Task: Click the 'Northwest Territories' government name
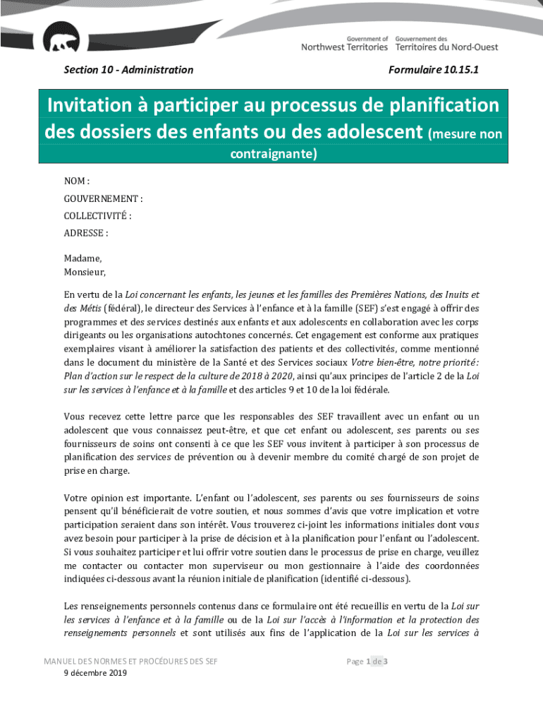tap(344, 47)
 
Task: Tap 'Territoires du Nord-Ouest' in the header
tap(446, 47)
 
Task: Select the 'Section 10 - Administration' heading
tap(128, 70)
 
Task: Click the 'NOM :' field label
tap(77, 181)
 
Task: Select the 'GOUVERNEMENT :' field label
tap(103, 199)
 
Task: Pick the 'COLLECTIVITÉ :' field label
tap(98, 216)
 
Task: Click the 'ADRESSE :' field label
tap(86, 233)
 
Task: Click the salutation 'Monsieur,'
tap(85, 272)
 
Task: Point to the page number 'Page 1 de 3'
tap(367, 662)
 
